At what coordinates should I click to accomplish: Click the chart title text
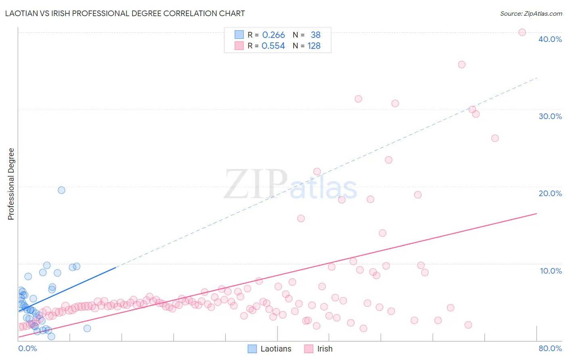125,13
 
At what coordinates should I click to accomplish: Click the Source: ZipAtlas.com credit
531,14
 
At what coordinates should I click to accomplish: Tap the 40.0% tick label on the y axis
550,39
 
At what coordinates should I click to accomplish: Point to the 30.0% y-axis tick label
550,116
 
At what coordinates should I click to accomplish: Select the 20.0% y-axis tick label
550,193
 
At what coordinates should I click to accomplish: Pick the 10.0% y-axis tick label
551,271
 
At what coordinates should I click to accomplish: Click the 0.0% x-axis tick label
27,348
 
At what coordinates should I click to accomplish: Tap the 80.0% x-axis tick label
550,348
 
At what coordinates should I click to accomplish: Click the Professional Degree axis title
11,184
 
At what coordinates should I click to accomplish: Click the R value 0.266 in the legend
273,35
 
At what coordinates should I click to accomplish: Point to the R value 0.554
273,46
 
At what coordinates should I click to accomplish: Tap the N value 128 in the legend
314,46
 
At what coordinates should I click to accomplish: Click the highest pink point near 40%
522,32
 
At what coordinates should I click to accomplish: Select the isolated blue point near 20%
61,190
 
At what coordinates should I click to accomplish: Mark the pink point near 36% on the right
462,65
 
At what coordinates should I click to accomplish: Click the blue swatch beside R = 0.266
239,35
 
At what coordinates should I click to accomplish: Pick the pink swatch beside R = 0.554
239,46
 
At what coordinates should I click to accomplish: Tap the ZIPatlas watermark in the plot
290,185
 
